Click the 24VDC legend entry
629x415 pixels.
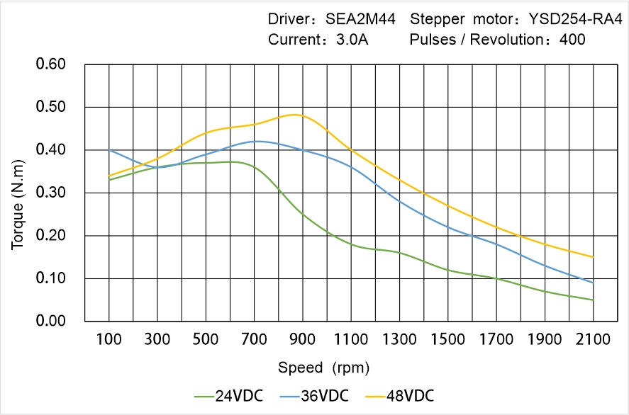point(228,395)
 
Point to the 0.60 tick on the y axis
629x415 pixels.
point(50,64)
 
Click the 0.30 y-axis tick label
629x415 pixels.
point(50,193)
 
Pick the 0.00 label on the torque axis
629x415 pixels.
point(50,321)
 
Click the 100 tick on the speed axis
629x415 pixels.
point(108,339)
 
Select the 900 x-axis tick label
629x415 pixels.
point(303,339)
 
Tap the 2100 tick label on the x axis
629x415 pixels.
point(593,339)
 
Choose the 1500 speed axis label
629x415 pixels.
point(447,339)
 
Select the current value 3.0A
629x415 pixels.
point(351,40)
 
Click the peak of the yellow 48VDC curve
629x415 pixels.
point(296,115)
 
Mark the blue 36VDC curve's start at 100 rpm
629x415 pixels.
point(109,150)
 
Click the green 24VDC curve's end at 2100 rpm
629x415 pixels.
point(593,300)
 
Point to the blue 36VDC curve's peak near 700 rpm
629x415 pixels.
point(257,141)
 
